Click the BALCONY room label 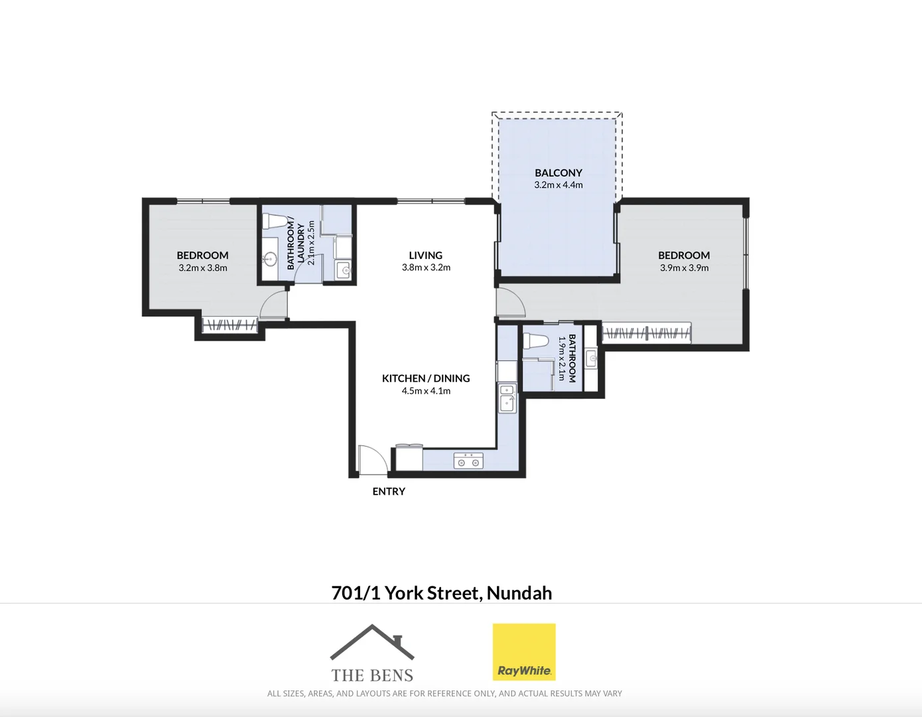[x=558, y=173]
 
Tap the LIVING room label [x=425, y=256]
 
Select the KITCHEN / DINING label [x=426, y=378]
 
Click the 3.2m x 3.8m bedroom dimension [x=203, y=268]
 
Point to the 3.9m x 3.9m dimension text [x=684, y=268]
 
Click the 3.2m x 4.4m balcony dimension [x=558, y=185]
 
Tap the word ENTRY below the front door [x=389, y=491]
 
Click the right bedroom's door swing [x=510, y=303]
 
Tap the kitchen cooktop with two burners [x=468, y=461]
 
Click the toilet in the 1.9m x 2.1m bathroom [x=536, y=341]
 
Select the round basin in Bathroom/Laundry [x=270, y=258]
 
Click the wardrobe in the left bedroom [x=230, y=325]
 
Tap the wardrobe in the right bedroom [x=647, y=333]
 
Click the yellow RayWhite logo [x=523, y=652]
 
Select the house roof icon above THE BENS [x=372, y=643]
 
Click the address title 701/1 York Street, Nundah [x=441, y=593]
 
